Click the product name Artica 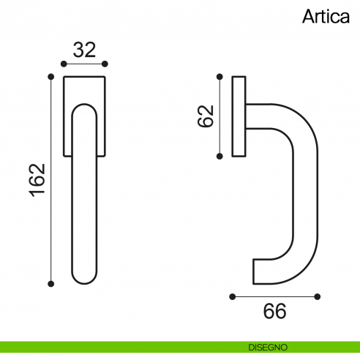326,16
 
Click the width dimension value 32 85,50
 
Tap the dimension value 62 206,116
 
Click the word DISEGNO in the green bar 266,346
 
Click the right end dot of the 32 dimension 105,64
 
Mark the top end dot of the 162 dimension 50,76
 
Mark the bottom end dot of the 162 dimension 50,282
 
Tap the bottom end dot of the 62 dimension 219,155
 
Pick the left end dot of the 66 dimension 232,296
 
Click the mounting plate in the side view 238,116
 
